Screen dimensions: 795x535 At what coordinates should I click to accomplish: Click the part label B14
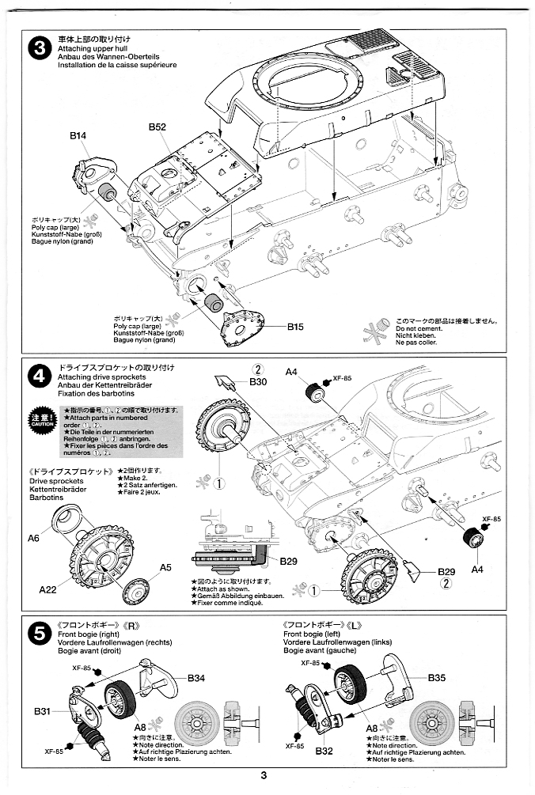pos(78,136)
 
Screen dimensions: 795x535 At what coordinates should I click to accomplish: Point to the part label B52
pos(157,127)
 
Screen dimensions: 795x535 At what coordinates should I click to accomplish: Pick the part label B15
pos(295,326)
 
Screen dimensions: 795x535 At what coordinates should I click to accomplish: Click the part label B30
pos(258,382)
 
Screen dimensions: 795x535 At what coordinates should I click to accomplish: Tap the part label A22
pos(48,589)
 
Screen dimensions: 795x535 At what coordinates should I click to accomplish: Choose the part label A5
pos(165,567)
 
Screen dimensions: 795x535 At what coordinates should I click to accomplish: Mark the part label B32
pos(322,751)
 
